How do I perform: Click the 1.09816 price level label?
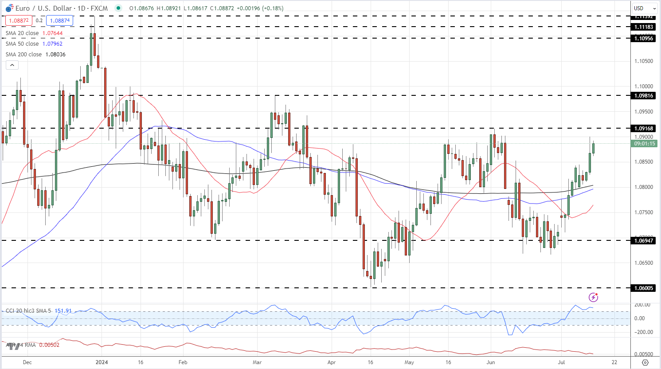coord(643,96)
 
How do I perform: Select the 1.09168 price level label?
coord(643,129)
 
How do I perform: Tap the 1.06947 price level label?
coord(643,241)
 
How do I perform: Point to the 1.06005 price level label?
coord(643,288)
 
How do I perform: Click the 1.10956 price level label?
coord(643,39)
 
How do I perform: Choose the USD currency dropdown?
coord(645,8)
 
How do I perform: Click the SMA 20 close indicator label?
coord(22,33)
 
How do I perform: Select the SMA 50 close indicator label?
coord(22,44)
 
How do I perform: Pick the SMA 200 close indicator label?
coord(23,55)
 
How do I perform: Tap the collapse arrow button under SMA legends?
coord(12,65)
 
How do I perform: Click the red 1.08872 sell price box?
coord(19,20)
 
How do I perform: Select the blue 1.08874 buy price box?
coord(59,20)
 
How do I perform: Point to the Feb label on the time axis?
coord(183,362)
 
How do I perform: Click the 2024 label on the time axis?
coord(102,362)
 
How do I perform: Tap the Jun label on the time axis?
coord(491,362)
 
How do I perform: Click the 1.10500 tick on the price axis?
coord(643,61)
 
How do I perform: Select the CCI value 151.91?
coord(63,311)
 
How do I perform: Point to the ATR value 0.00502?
coord(49,345)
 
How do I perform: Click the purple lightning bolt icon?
coord(594,297)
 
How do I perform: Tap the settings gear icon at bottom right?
coord(645,362)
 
